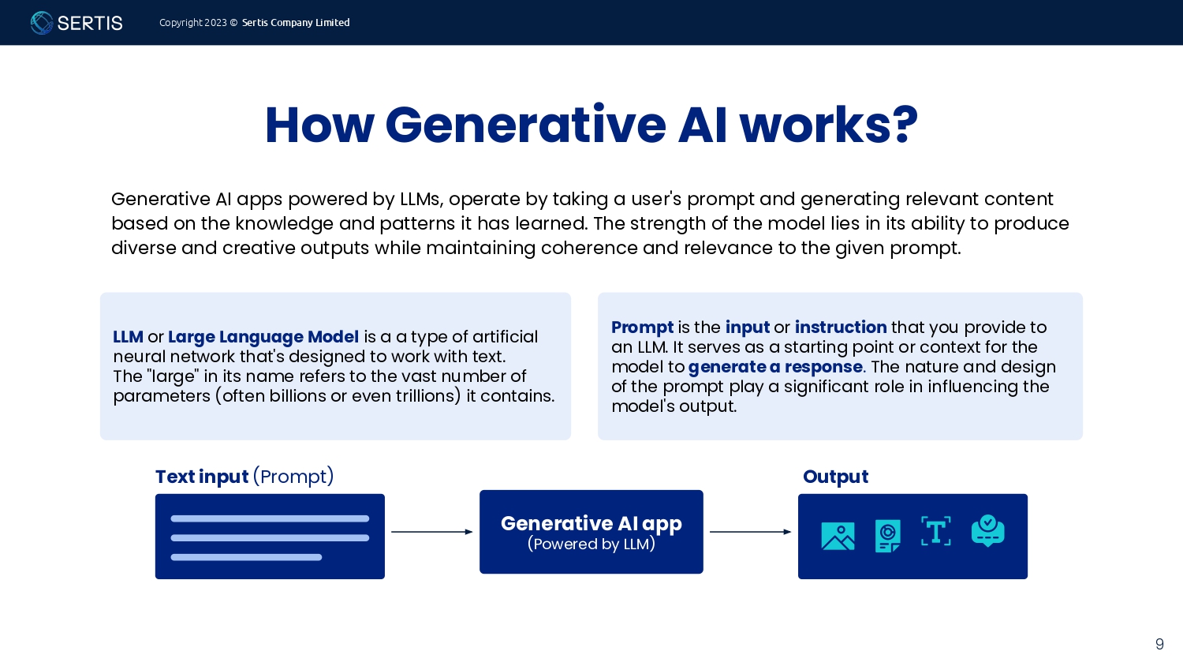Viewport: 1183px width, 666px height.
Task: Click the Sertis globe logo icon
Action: (41, 23)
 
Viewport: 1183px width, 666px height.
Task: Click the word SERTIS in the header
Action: (90, 23)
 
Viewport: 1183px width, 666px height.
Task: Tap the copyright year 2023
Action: (215, 23)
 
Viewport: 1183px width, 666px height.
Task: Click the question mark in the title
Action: (904, 125)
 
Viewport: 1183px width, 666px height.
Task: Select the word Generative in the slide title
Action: (525, 125)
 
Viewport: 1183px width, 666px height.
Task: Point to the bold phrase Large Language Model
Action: (263, 337)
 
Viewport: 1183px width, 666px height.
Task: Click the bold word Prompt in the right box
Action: (642, 327)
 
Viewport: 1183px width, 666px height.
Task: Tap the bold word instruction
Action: (841, 327)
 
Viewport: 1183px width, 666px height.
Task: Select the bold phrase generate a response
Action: (775, 367)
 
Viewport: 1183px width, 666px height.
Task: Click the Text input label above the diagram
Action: (202, 477)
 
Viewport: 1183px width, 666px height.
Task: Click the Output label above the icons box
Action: (835, 477)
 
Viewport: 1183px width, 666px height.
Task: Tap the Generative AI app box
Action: (591, 532)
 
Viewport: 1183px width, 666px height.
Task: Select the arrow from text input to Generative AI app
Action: (432, 532)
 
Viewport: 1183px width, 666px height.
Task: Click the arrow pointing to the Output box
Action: (751, 532)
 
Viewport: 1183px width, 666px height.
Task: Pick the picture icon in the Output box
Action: (838, 536)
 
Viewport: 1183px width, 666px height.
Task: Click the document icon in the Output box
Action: (888, 536)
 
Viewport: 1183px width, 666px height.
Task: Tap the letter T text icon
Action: (936, 531)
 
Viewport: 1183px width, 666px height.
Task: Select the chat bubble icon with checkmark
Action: (988, 531)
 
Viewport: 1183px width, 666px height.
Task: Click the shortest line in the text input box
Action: (246, 557)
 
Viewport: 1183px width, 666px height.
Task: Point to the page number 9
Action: (1160, 644)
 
